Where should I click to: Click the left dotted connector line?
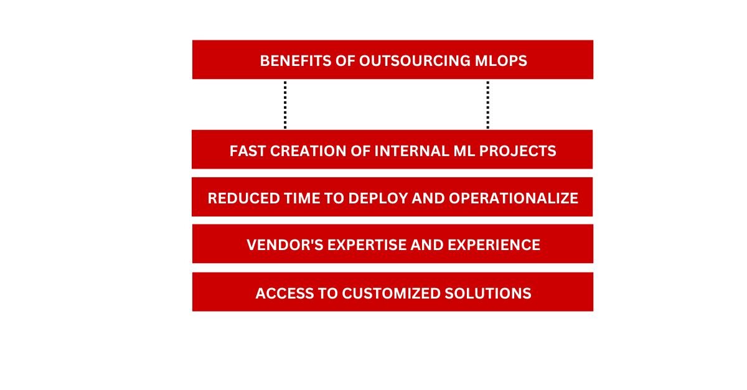pyautogui.click(x=285, y=104)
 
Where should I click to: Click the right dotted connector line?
pyautogui.click(x=487, y=104)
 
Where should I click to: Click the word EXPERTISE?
pyautogui.click(x=362, y=244)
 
